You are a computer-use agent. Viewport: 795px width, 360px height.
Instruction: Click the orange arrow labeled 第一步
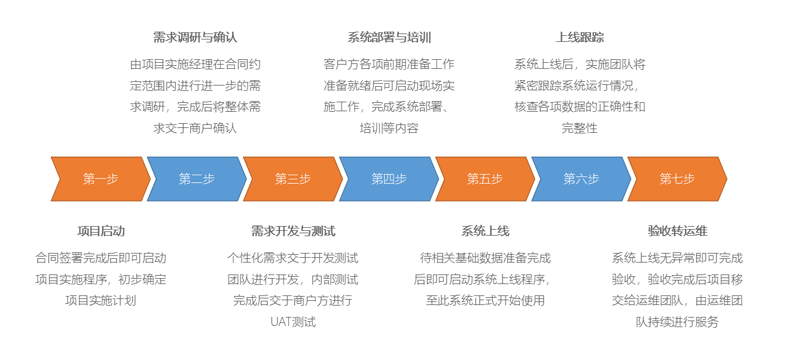(x=100, y=179)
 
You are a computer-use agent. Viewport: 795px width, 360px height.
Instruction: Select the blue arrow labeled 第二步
(x=197, y=179)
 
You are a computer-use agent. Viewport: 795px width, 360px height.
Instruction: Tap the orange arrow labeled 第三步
(x=293, y=179)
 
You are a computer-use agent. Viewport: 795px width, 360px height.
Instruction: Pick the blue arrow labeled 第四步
(x=389, y=179)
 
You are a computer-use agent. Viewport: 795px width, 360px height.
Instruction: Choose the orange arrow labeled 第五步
(x=485, y=179)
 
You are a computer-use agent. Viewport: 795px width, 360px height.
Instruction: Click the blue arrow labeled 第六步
(x=581, y=179)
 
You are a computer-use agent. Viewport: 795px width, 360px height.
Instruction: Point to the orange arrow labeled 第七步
(x=678, y=179)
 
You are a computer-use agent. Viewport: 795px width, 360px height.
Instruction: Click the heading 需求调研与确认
(x=195, y=37)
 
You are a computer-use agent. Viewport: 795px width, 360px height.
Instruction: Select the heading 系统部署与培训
(x=389, y=37)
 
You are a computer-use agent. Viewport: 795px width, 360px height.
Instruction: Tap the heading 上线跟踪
(x=580, y=37)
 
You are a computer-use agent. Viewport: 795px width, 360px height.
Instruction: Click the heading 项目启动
(x=101, y=231)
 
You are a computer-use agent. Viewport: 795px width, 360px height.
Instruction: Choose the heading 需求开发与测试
(x=293, y=231)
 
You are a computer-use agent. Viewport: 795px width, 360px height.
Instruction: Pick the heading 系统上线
(x=485, y=231)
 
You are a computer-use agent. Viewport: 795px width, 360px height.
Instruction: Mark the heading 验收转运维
(x=678, y=231)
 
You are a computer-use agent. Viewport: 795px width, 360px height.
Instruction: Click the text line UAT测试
(x=293, y=322)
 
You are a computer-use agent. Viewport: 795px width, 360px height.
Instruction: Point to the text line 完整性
(x=580, y=128)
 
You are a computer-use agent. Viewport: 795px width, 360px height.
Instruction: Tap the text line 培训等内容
(x=389, y=128)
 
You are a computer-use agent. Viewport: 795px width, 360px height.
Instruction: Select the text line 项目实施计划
(x=100, y=300)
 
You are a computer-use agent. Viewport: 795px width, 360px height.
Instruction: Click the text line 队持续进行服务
(x=678, y=322)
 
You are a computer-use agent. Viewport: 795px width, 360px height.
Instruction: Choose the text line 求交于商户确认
(x=195, y=128)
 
